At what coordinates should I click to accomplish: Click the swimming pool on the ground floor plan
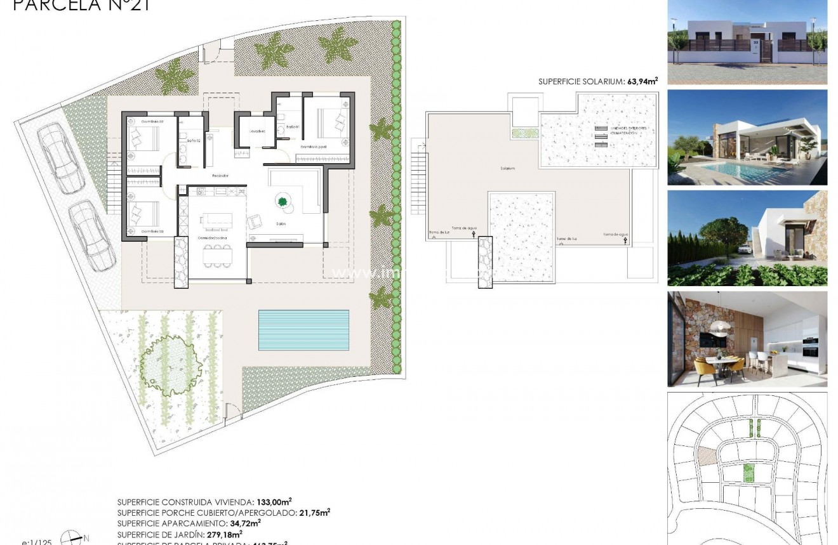[x=303, y=330]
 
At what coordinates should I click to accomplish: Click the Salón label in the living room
[x=281, y=224]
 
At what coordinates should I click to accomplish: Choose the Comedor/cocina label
[x=212, y=237]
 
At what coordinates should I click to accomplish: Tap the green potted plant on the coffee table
[x=282, y=202]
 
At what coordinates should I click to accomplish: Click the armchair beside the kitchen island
[x=255, y=221]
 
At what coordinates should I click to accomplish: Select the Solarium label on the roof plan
[x=507, y=168]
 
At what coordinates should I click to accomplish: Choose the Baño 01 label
[x=292, y=127]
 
